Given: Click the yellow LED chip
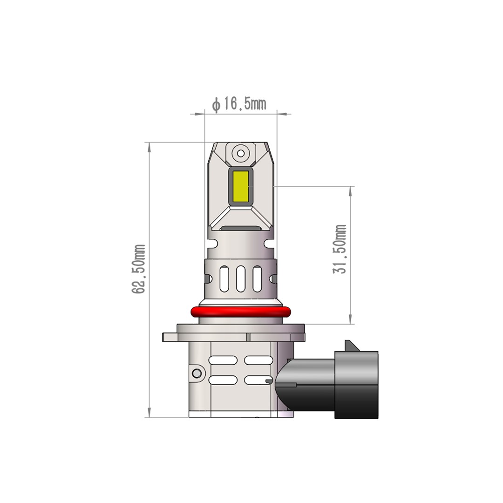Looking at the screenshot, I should pos(240,186).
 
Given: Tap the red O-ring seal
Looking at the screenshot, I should pos(240,312).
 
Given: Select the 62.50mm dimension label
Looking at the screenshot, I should pos(139,269).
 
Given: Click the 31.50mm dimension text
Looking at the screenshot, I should pos(340,249).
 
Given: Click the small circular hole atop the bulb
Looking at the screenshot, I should pos(240,153).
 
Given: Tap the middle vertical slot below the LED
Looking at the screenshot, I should pos(240,279).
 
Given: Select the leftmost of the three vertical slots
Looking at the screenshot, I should pos(224,279).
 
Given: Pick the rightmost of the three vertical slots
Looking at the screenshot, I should pos(257,279).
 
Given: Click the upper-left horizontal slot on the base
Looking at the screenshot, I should pos(223,360).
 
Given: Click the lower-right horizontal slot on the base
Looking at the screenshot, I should pos(258,380).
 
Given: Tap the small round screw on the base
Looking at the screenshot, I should pos(197,373).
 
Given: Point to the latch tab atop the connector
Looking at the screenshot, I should pos(351,346).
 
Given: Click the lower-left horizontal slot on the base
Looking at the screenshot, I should pos(223,380).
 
